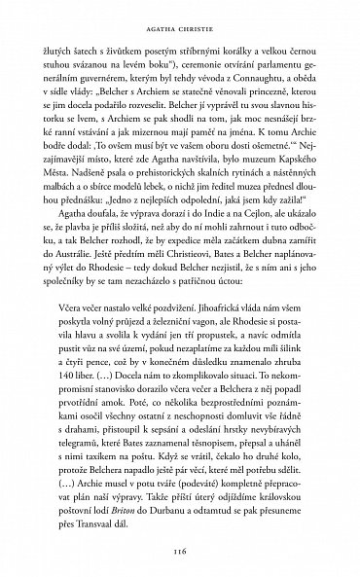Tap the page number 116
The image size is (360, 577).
click(x=179, y=550)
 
